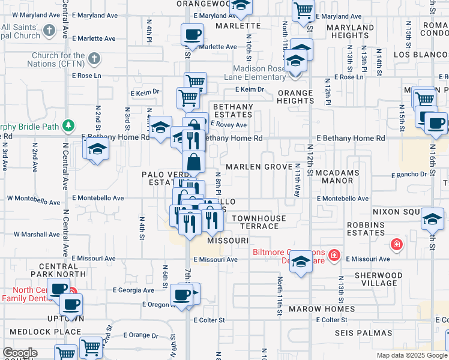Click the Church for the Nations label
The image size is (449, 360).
(x=59, y=59)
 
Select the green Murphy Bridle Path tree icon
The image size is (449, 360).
(x=69, y=125)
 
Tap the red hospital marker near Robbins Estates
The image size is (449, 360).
(x=396, y=244)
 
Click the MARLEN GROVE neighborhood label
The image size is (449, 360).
(x=250, y=167)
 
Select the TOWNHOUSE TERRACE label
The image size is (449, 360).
(x=256, y=222)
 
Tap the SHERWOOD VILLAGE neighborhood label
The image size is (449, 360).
(x=375, y=279)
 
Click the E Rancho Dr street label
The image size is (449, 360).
(x=409, y=175)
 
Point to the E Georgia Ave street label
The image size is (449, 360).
(x=133, y=290)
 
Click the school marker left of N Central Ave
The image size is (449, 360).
(x=96, y=149)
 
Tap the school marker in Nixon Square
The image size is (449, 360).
(x=432, y=220)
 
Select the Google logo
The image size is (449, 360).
(x=20, y=353)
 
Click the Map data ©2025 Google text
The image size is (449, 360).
(x=411, y=355)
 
